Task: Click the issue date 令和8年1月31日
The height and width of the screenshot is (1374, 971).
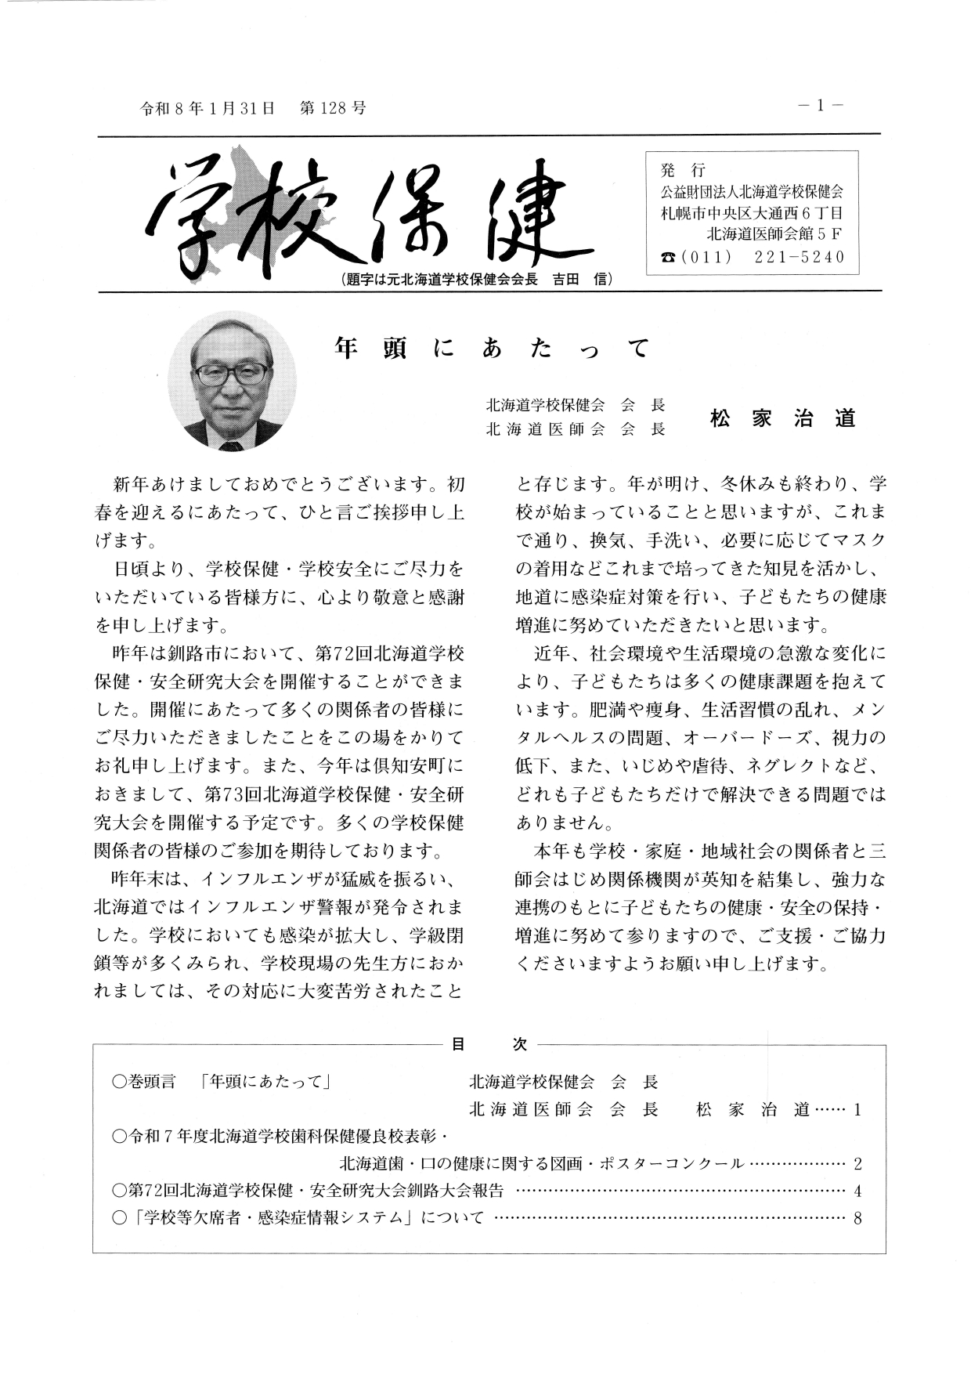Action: tap(208, 109)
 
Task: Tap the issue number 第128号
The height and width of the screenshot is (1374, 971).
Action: tap(333, 109)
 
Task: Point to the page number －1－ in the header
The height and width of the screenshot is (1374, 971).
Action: tap(820, 107)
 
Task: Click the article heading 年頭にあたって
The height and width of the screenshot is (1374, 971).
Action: tap(492, 348)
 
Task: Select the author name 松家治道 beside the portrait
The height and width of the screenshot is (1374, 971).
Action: tap(782, 418)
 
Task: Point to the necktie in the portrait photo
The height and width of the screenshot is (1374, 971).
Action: tap(231, 446)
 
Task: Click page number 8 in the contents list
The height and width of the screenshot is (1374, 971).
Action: tap(858, 1218)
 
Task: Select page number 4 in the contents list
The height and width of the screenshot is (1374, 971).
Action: tap(858, 1191)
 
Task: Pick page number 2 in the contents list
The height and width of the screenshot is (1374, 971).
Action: tap(858, 1164)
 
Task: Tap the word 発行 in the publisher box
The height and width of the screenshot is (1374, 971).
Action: tap(684, 169)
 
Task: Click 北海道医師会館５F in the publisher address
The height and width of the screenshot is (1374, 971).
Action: tap(774, 233)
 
